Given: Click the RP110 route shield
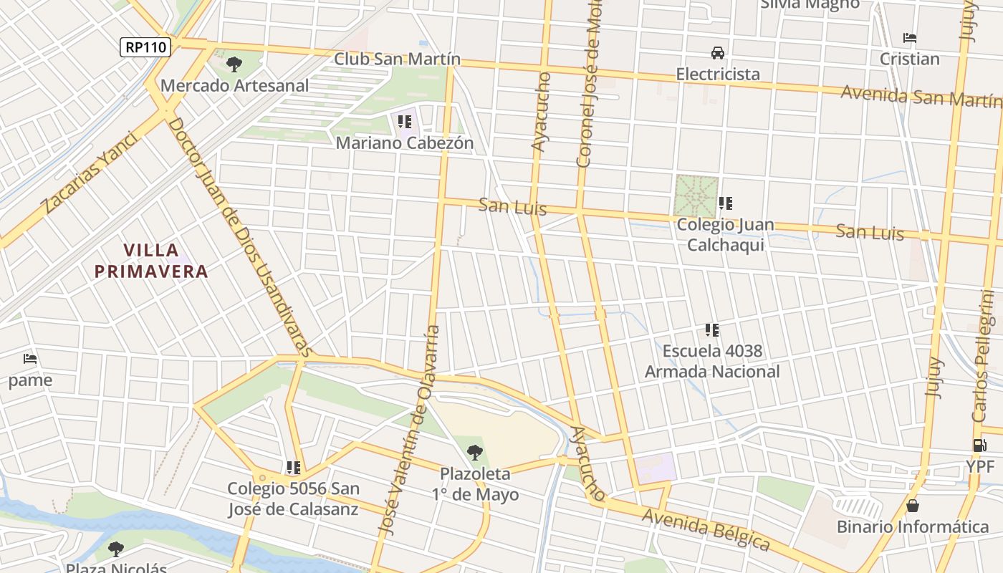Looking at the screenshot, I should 145,48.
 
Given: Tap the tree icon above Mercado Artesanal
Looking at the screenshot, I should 234,64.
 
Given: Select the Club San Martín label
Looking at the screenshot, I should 397,59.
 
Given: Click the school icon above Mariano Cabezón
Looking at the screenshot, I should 405,122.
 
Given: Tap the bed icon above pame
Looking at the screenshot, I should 30,358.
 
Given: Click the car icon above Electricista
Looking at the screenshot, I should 717,53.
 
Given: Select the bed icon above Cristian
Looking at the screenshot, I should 910,38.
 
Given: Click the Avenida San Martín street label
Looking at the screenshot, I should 921,96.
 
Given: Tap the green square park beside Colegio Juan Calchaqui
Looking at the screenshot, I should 695,196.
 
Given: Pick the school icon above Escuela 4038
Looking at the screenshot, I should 711,330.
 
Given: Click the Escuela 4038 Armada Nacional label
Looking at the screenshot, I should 712,362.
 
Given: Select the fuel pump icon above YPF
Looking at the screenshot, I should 979,446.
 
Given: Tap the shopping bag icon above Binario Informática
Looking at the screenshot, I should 913,506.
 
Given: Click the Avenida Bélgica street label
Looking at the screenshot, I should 706,530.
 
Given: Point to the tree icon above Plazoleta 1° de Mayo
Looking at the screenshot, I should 474,453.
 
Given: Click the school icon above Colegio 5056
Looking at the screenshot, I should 293,468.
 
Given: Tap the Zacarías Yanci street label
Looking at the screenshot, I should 89,173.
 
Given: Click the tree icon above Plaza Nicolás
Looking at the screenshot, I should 115,550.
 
